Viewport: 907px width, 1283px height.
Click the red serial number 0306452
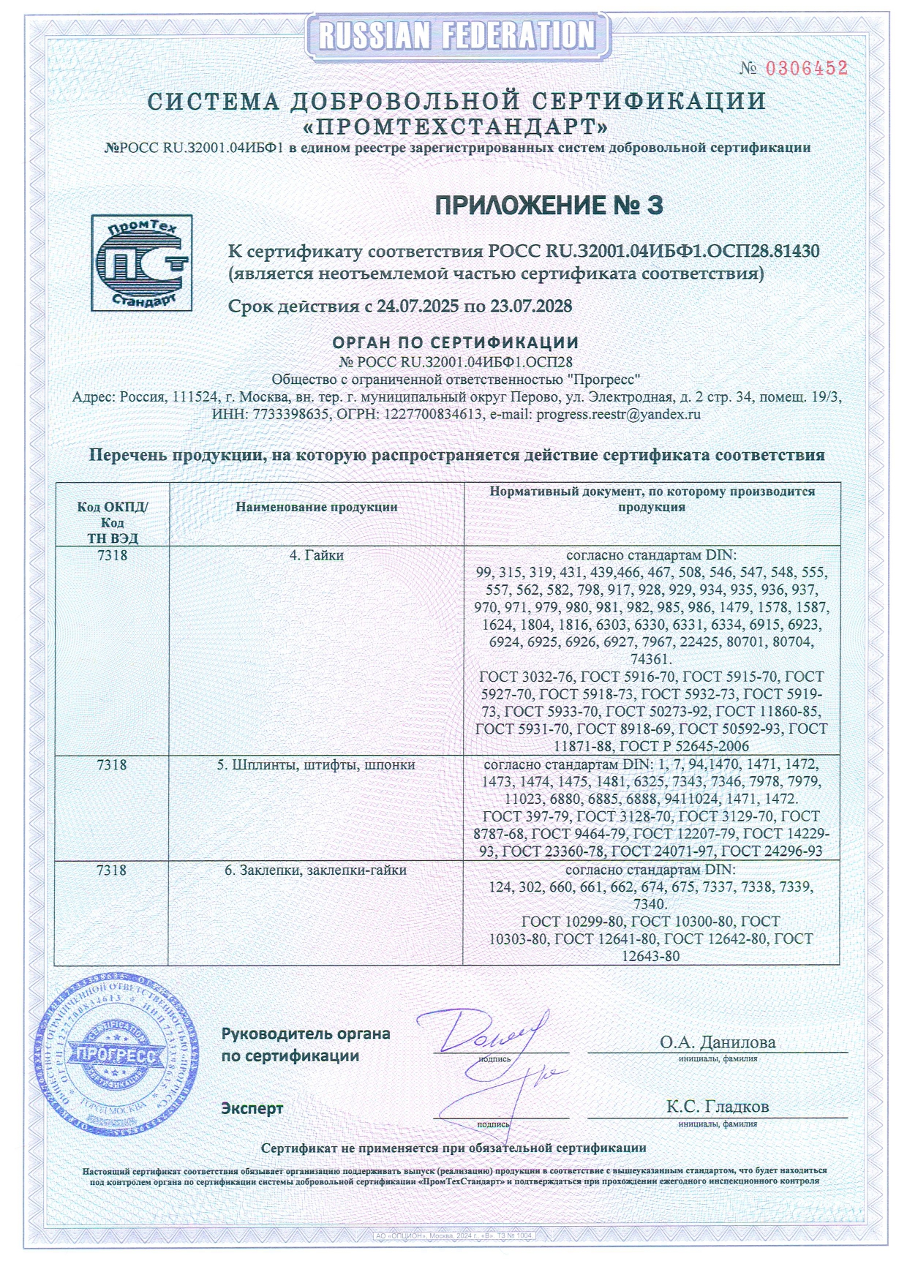[x=806, y=68]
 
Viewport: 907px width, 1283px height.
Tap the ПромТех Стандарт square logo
[x=141, y=263]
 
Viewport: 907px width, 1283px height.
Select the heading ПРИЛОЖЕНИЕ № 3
[x=549, y=206]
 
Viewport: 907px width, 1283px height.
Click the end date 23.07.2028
[x=531, y=306]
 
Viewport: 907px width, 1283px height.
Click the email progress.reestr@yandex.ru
[x=618, y=414]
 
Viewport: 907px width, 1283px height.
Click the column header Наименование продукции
[x=316, y=507]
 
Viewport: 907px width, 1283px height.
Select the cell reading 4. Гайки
[x=316, y=555]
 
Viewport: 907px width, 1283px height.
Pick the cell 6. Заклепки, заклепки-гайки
[x=316, y=870]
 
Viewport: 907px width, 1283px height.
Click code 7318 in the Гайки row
[x=112, y=555]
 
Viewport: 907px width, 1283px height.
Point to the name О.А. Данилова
[x=718, y=1042]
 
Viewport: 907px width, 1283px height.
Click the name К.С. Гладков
[x=717, y=1107]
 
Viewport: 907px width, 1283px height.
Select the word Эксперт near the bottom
[x=252, y=1108]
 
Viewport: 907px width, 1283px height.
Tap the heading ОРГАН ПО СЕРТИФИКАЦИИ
[x=456, y=342]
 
